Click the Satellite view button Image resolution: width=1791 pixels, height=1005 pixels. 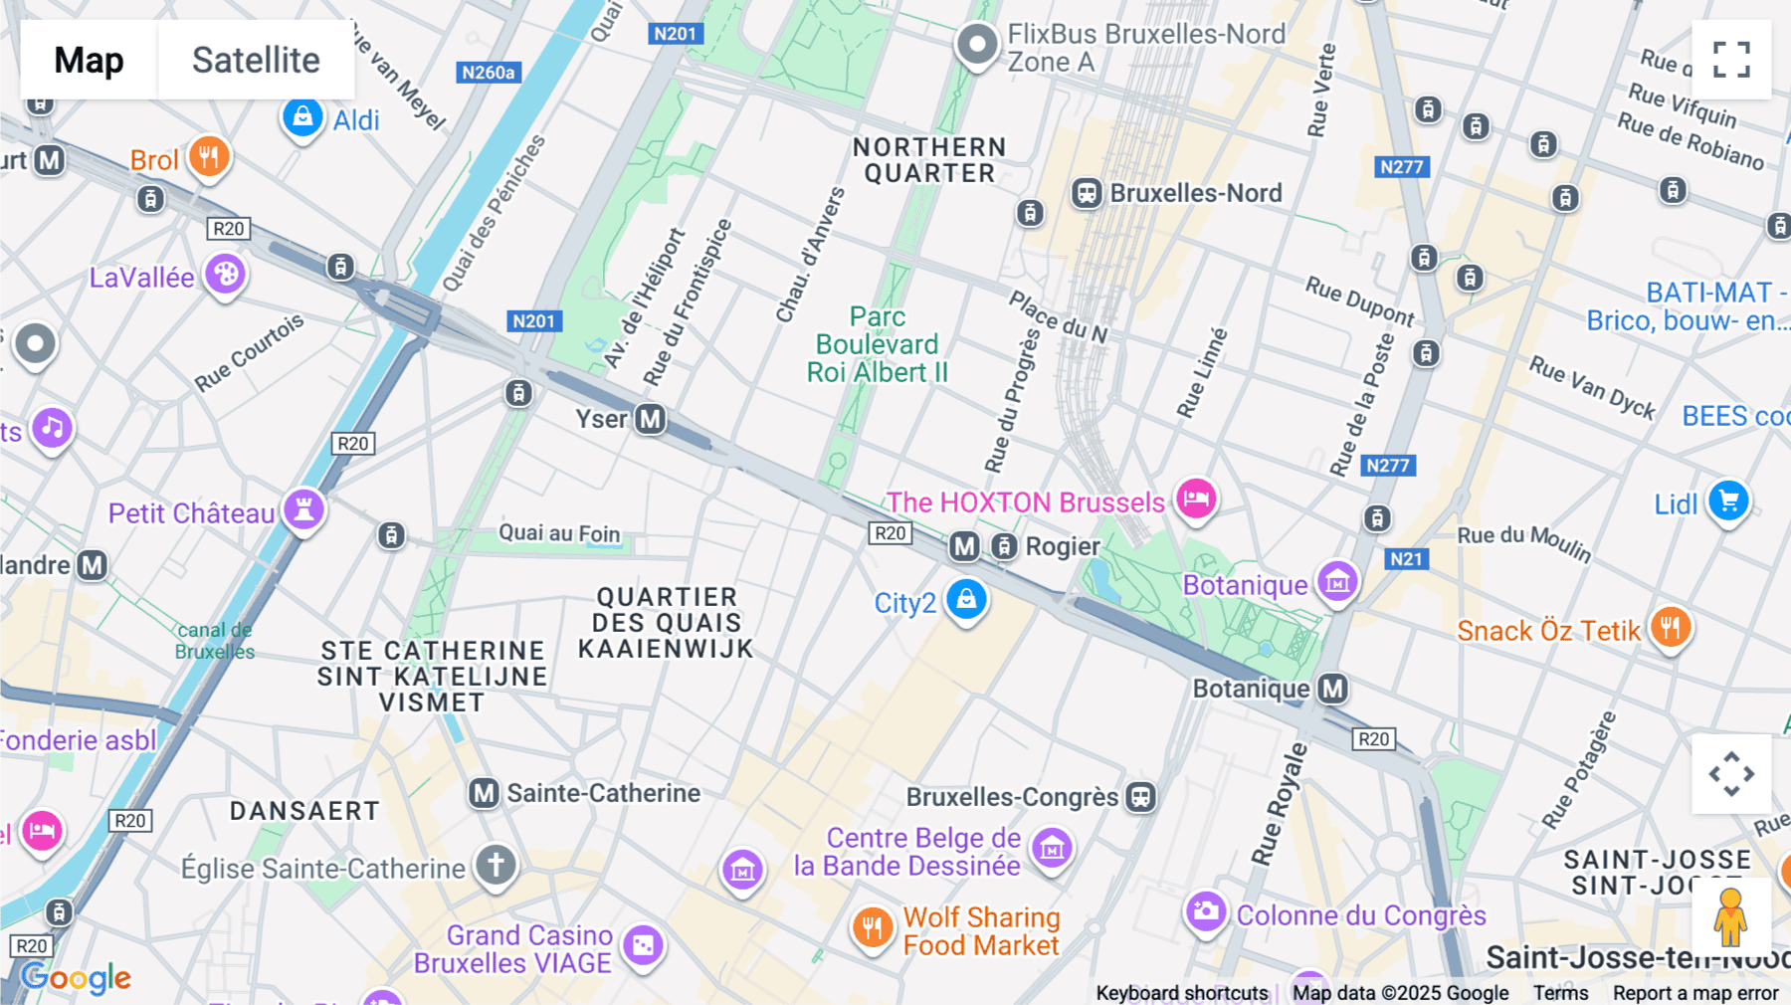(x=256, y=60)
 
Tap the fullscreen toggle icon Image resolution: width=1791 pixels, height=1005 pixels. (x=1731, y=60)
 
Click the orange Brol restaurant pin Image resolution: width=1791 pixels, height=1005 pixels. (x=209, y=157)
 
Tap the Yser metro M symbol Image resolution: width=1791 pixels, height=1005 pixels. (x=651, y=419)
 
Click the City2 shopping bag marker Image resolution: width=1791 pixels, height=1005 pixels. (x=966, y=600)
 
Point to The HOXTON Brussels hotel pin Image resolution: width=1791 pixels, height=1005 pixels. (x=1196, y=499)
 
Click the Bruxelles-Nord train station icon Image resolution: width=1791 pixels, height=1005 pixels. (x=1087, y=193)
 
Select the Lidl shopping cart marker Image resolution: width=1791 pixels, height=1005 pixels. (x=1728, y=502)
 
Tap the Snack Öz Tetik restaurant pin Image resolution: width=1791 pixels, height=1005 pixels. (x=1671, y=628)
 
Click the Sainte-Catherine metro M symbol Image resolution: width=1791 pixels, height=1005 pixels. (x=484, y=793)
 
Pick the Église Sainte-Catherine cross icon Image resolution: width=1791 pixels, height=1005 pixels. (x=496, y=865)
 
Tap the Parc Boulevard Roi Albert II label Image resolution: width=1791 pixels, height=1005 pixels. (x=877, y=344)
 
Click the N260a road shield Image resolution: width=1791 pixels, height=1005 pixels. (x=489, y=73)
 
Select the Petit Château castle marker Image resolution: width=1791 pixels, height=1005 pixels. (x=303, y=510)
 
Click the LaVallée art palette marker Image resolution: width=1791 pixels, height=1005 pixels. (x=225, y=275)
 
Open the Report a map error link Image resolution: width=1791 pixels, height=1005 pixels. (x=1695, y=993)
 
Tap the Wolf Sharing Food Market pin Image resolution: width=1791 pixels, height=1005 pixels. (x=872, y=928)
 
